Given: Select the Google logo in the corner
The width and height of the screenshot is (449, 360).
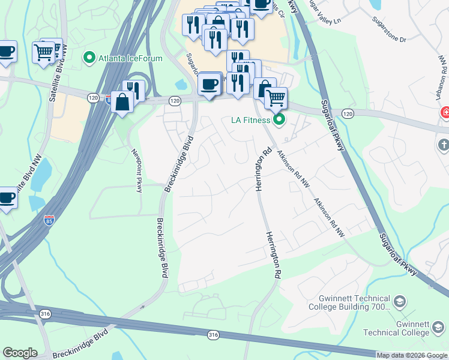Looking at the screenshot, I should [20, 353].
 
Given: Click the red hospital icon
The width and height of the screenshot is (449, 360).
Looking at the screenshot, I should [445, 112].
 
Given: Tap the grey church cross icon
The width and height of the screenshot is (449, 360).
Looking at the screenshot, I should [444, 145].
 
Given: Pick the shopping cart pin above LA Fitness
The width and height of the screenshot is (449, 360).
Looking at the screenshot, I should [276, 97].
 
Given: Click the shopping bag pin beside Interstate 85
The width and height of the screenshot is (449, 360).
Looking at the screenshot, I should [122, 101].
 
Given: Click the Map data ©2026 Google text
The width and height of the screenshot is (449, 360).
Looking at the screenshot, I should [412, 355].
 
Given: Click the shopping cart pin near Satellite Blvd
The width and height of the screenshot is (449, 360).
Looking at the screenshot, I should [44, 52].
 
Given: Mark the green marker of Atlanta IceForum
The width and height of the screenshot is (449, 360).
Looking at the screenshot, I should [89, 58].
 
